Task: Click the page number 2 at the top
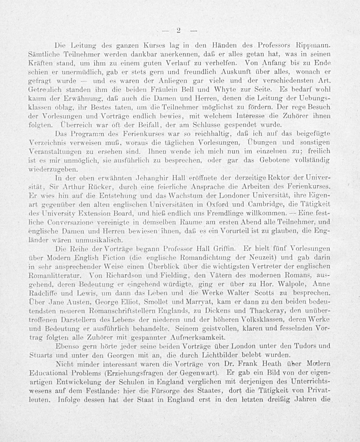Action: click(179, 30)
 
